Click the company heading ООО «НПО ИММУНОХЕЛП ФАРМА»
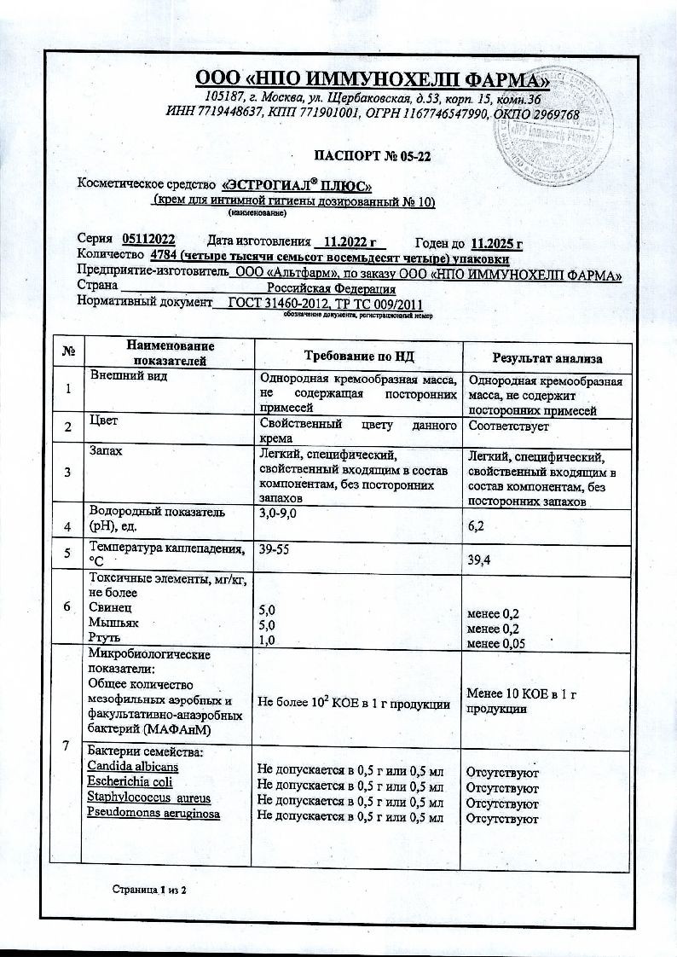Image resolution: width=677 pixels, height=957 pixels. (373, 81)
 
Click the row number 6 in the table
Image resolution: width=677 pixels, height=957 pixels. (67, 606)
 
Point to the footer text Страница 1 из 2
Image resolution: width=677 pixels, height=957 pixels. (149, 890)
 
